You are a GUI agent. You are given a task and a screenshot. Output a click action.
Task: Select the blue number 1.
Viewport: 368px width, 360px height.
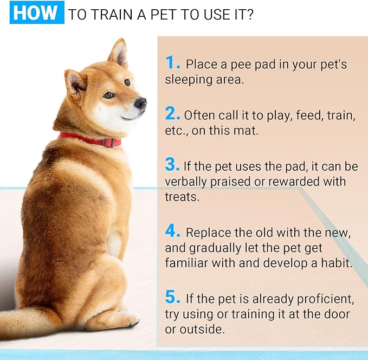point(173,63)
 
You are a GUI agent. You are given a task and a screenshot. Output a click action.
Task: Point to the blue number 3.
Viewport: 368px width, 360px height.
point(173,164)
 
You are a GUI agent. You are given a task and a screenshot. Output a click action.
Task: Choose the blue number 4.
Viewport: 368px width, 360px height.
point(173,232)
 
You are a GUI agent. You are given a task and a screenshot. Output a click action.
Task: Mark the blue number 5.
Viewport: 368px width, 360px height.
point(173,297)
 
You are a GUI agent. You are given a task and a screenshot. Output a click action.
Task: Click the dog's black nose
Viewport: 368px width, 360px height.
point(141,102)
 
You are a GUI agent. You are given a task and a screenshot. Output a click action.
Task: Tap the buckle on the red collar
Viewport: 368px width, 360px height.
point(109,143)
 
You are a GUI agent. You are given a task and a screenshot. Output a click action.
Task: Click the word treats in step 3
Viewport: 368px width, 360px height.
point(182,197)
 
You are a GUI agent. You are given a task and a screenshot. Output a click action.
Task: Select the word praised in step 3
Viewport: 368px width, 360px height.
point(238,181)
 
